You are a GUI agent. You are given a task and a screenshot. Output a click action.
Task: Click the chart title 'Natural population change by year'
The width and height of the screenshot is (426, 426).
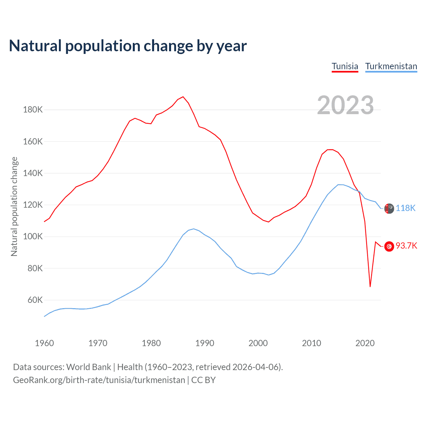point(128,46)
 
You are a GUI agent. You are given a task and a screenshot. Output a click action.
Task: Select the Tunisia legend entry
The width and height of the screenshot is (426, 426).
point(345,66)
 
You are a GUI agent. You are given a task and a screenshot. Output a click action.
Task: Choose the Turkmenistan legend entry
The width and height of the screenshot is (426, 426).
point(391,66)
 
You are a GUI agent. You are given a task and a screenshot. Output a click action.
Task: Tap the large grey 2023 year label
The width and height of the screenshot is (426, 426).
point(345,105)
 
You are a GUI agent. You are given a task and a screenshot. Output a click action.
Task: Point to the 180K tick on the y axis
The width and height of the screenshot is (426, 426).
point(33,109)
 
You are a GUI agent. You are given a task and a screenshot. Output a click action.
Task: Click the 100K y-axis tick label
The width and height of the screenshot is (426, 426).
point(33,237)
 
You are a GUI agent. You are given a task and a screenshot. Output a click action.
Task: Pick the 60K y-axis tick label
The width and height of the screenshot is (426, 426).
point(35,300)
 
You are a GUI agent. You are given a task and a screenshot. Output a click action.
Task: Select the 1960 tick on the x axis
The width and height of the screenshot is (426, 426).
point(44,343)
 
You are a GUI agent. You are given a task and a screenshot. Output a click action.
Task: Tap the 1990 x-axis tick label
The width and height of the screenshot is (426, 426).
point(205,343)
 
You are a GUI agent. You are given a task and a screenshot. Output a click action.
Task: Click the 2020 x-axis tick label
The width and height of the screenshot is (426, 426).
point(365,343)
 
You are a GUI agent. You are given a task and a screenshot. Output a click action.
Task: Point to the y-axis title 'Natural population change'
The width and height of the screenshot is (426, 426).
point(14,206)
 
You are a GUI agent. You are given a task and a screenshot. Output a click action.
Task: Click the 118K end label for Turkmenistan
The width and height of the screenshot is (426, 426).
point(405,208)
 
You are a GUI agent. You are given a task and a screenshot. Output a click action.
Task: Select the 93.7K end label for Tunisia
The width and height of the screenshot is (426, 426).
point(406,246)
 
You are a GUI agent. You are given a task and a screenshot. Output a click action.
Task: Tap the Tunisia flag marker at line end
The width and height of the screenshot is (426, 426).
point(389,246)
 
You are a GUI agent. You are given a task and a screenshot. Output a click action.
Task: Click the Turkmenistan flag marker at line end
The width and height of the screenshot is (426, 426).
point(389,209)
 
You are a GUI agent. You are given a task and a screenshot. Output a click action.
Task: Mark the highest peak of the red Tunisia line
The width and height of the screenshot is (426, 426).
point(183,97)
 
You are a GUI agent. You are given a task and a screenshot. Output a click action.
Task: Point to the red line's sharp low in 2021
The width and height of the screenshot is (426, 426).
point(370,287)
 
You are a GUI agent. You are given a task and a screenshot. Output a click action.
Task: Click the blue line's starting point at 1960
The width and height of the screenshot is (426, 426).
point(44,316)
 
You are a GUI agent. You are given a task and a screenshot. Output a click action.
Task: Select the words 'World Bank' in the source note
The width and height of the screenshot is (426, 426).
point(89,367)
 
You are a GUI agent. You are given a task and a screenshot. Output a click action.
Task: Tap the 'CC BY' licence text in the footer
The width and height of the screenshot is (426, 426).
point(203,380)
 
